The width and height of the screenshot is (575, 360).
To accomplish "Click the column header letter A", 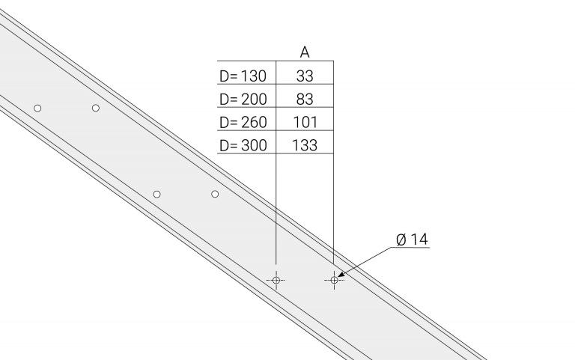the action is [x=305, y=52].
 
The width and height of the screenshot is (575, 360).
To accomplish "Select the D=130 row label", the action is [x=243, y=76].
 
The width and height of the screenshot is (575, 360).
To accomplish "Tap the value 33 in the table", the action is [x=305, y=76].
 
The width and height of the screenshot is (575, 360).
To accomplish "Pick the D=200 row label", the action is [x=243, y=100].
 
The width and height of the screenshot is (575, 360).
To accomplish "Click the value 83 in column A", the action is [x=305, y=100].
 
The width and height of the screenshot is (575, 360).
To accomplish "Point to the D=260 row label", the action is [x=243, y=123].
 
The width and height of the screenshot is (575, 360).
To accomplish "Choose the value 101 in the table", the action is [x=305, y=123].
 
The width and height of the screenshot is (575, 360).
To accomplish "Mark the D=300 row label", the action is [x=243, y=145].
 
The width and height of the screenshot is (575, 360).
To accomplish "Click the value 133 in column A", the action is [x=305, y=145].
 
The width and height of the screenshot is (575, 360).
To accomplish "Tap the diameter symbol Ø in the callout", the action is [x=401, y=240].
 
